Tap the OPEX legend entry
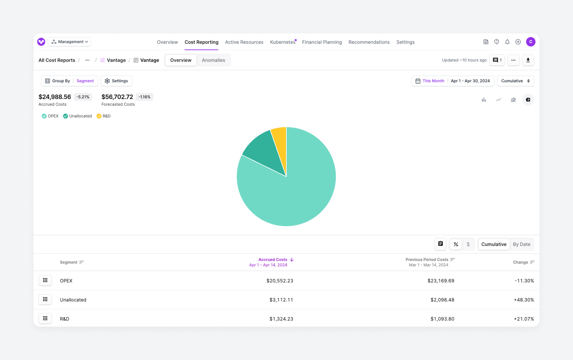point(50,116)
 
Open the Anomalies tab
point(213,60)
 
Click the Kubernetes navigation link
point(282,42)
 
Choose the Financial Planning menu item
point(322,42)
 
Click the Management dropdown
point(70,42)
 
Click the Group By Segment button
point(70,81)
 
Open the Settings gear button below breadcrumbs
point(116,81)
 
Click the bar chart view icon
point(484,100)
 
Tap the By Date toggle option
point(521,244)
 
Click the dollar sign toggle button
point(468,244)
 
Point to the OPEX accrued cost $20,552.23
point(280,281)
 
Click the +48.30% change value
point(523,300)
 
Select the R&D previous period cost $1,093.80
point(442,319)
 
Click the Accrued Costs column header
point(273,260)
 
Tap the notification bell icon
point(507,42)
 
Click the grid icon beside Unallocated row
point(45,299)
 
